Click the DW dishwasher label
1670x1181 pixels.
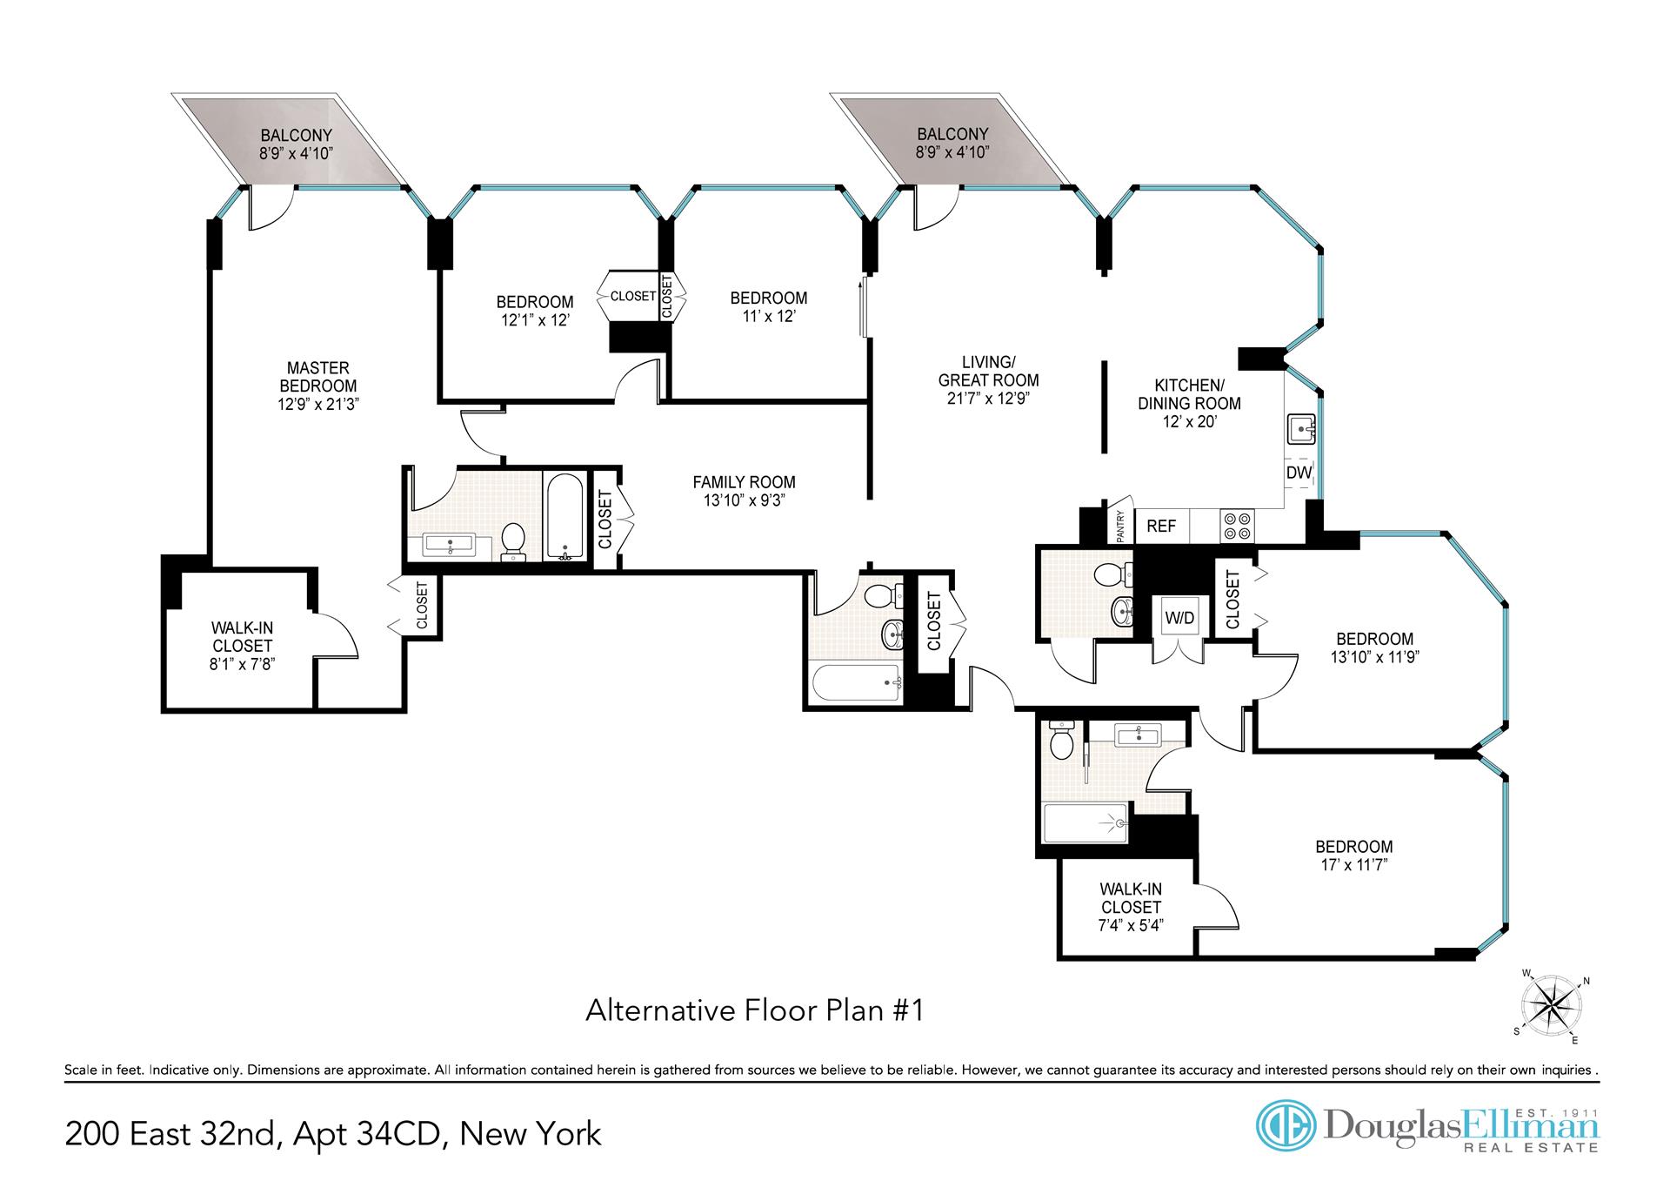tap(1299, 473)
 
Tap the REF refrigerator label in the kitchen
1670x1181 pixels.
tap(1161, 526)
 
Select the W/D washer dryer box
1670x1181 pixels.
tap(1179, 618)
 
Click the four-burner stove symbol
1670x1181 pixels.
tap(1239, 526)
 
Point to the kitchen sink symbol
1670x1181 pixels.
tap(1300, 428)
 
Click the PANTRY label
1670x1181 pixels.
tap(1120, 527)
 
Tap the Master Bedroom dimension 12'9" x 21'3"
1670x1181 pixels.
tap(318, 404)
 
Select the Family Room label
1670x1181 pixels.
tap(745, 482)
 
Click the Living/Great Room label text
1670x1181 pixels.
tap(988, 371)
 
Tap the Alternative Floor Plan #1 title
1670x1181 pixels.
tap(755, 1011)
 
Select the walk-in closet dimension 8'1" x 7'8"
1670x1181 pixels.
tap(243, 665)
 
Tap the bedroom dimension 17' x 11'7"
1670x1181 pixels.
tap(1354, 865)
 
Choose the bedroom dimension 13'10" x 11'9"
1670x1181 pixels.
tap(1374, 657)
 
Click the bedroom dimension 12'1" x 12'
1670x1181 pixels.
tap(535, 320)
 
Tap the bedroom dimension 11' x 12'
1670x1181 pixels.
tap(768, 316)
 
